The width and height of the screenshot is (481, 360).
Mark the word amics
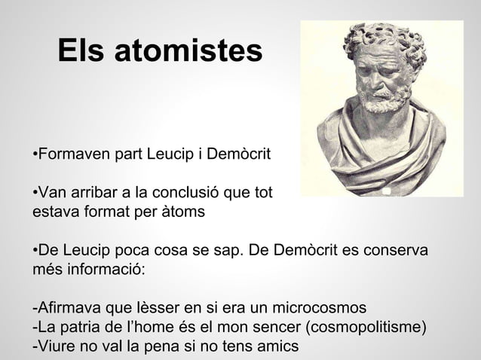277,346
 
